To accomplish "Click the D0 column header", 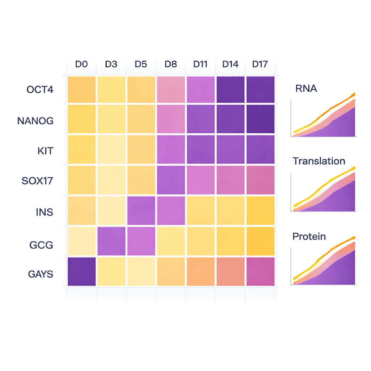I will (x=82, y=64).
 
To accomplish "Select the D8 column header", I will (x=171, y=64).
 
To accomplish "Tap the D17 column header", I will (x=260, y=64).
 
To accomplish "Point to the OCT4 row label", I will (x=40, y=89).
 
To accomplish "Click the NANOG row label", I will (x=35, y=121).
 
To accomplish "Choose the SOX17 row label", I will (x=37, y=180).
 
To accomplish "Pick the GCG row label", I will (x=41, y=245).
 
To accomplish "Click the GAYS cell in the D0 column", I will (x=82, y=272).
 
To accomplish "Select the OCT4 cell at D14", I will (x=230, y=89).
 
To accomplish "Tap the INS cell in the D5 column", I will (x=141, y=210).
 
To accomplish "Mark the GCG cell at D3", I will (x=111, y=241).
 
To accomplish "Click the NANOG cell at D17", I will (x=260, y=119).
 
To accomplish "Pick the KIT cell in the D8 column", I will (x=171, y=150).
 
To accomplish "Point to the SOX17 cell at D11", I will (x=200, y=180).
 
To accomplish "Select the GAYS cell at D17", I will (x=260, y=272).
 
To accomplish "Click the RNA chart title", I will (x=306, y=88).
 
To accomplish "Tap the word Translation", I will (x=319, y=161).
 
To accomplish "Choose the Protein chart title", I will (x=309, y=237).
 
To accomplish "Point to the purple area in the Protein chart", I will (x=341, y=274).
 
